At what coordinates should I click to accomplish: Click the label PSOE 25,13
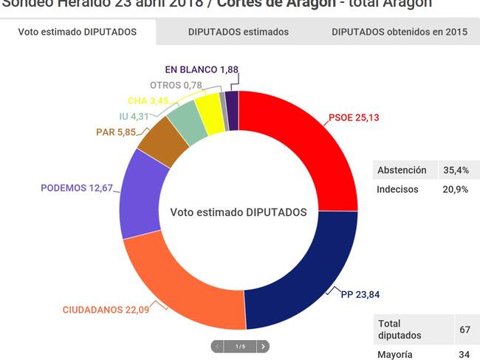359,118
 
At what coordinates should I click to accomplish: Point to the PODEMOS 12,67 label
77,188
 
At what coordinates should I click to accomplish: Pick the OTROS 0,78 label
176,85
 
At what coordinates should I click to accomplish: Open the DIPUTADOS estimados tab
239,32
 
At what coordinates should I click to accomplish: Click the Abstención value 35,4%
456,170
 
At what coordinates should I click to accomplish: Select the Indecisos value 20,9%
456,189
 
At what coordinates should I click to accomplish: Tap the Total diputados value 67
464,330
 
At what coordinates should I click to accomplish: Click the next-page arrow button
263,346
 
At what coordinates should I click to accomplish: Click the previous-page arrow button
218,346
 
